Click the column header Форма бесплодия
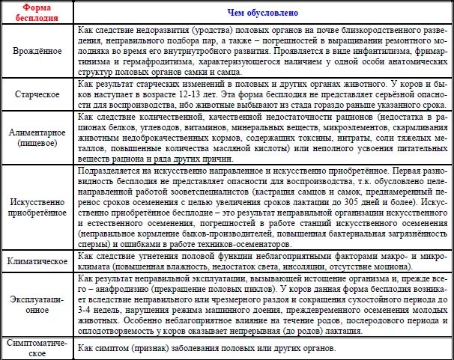[37, 13]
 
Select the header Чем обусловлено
[263, 13]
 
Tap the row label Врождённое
[37, 55]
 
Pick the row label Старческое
[37, 96]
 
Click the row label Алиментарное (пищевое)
[37, 137]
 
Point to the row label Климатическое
[37, 262]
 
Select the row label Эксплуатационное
[37, 305]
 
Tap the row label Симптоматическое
[37, 348]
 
